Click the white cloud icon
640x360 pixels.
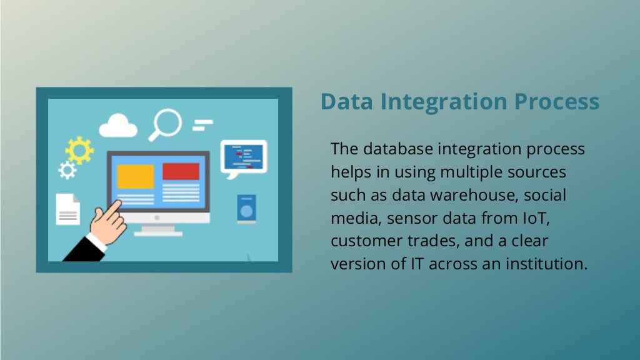tap(117, 126)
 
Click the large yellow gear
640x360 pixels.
tap(79, 150)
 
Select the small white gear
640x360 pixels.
tap(67, 169)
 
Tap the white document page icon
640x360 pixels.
tap(68, 209)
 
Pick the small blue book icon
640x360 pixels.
tap(246, 208)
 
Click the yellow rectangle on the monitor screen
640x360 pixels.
tap(136, 176)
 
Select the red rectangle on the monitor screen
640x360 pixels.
tap(181, 171)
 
